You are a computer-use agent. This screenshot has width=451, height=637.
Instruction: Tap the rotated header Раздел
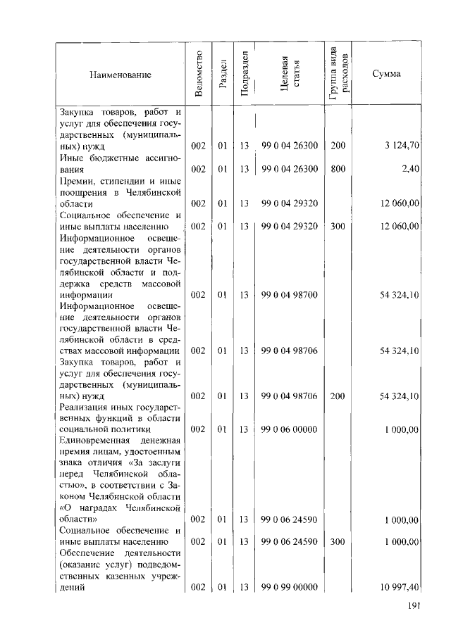[223, 74]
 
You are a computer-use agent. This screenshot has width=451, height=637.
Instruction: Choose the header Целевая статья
[290, 74]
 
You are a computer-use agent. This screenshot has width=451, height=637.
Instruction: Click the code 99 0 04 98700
[290, 295]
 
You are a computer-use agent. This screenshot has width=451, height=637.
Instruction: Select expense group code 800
[338, 169]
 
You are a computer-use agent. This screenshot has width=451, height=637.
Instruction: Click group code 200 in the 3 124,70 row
[338, 146]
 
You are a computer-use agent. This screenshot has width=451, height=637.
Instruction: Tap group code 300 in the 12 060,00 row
[338, 226]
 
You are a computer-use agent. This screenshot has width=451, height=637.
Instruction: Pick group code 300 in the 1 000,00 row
[338, 542]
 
